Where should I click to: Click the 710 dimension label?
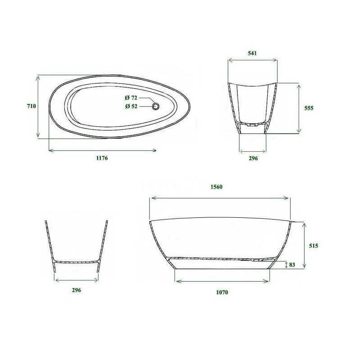click(x=31, y=106)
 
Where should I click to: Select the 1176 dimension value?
click(x=102, y=158)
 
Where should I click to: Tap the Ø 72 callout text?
click(x=131, y=98)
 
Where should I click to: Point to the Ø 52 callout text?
click(x=131, y=106)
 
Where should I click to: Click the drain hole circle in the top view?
click(x=156, y=106)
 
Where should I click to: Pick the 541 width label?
click(x=252, y=53)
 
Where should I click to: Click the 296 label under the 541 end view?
click(x=253, y=158)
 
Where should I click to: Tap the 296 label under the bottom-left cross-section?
click(x=76, y=290)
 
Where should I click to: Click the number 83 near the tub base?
click(x=292, y=265)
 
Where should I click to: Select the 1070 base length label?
click(x=222, y=292)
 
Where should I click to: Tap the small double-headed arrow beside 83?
click(x=286, y=265)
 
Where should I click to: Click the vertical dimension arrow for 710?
click(x=39, y=107)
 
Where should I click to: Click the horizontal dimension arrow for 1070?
click(x=222, y=281)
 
